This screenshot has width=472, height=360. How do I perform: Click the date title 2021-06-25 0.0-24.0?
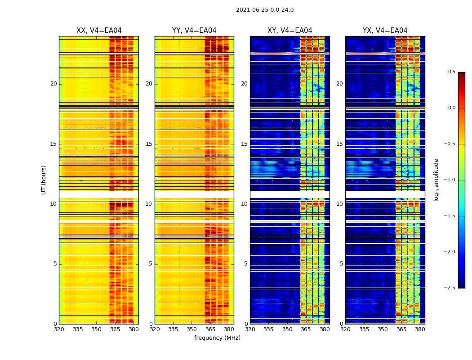(x=265, y=10)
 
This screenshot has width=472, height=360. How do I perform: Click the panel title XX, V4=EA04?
(x=99, y=31)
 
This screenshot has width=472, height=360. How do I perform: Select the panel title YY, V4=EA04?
(x=194, y=31)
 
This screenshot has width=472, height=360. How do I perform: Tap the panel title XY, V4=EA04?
(x=289, y=31)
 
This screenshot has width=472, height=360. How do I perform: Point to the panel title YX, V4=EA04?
(x=385, y=31)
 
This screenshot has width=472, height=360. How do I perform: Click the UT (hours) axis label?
(x=44, y=180)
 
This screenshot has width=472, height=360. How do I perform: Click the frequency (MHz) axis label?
(x=217, y=338)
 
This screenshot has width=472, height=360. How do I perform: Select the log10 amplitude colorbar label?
(x=436, y=180)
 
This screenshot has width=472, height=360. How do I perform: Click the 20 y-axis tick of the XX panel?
(x=53, y=84)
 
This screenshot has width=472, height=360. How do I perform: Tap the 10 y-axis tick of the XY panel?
(x=244, y=204)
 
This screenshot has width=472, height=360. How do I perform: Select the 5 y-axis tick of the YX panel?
(x=341, y=264)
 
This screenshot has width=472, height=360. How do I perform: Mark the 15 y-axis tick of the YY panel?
(x=149, y=144)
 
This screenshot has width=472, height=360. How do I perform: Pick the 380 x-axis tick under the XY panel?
(x=325, y=329)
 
